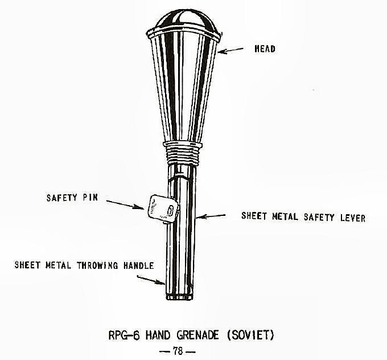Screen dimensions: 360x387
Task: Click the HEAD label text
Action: (265, 49)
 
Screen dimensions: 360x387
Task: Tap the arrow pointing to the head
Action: (233, 51)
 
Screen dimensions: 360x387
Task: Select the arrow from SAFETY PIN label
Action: (125, 203)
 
